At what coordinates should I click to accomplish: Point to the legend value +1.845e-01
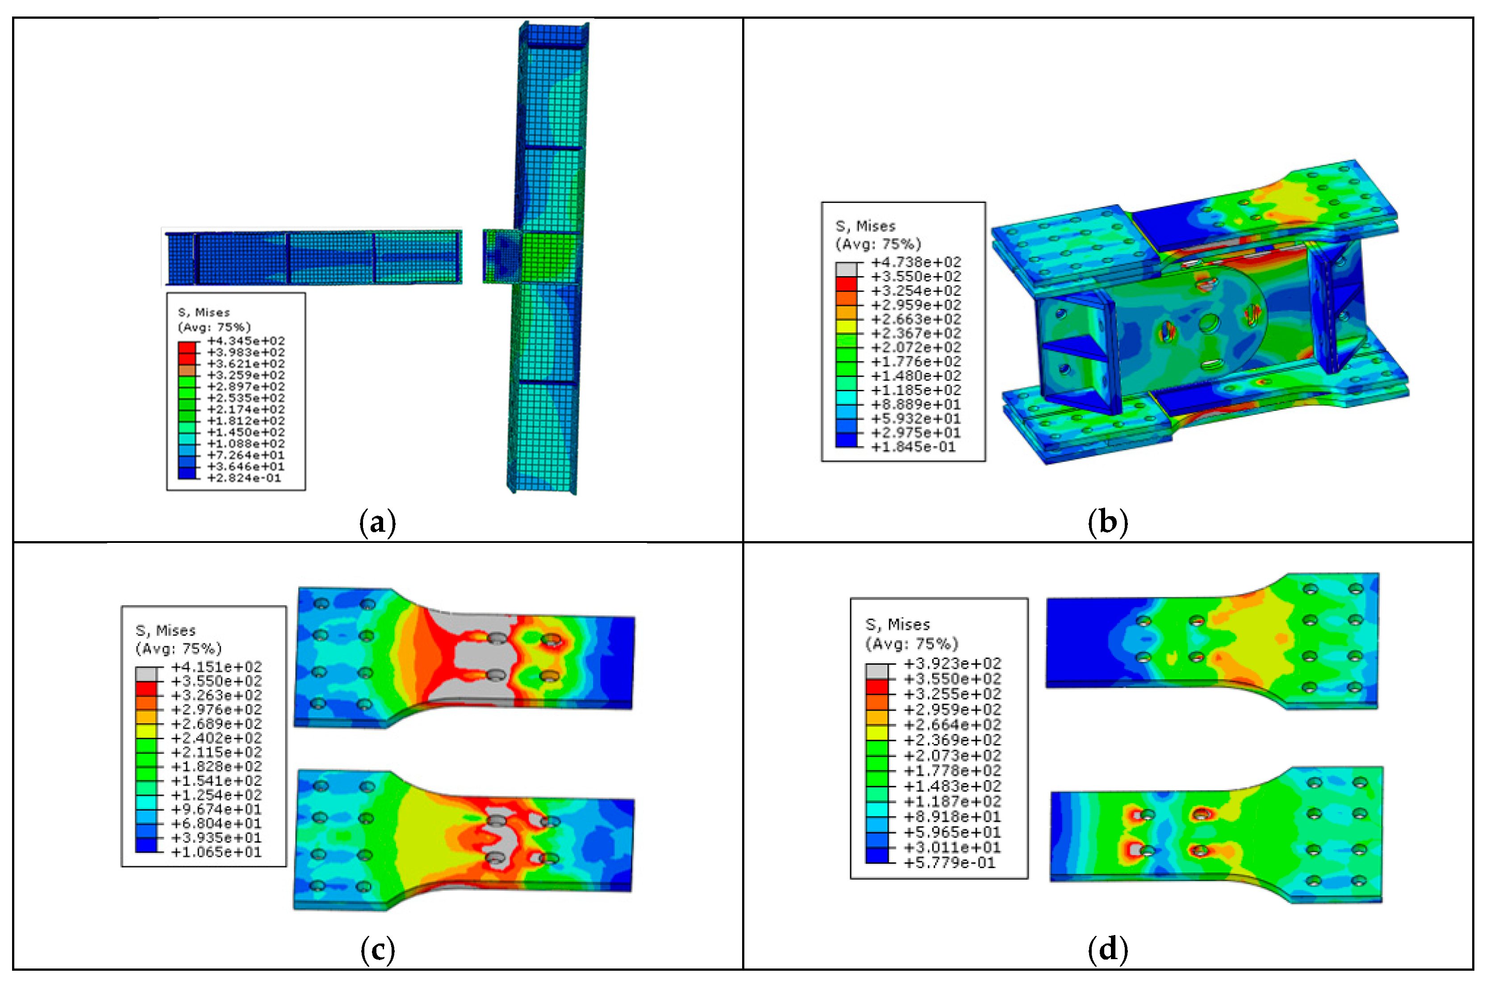(x=914, y=447)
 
